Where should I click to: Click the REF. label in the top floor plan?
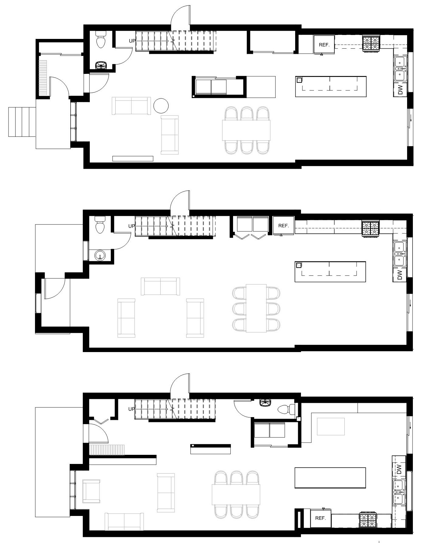(324, 45)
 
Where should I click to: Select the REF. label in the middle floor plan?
(283, 226)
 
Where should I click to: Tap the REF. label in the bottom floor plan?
(320, 518)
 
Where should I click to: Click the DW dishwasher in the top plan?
(400, 89)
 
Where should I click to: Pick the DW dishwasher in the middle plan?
(400, 275)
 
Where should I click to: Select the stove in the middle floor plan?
(371, 229)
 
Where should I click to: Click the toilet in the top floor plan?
(100, 40)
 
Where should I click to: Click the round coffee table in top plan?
(161, 106)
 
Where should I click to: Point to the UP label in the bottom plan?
(131, 409)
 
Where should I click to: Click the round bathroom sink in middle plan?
(100, 255)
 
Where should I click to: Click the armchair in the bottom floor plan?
(91, 491)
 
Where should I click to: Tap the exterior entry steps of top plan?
(22, 122)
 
